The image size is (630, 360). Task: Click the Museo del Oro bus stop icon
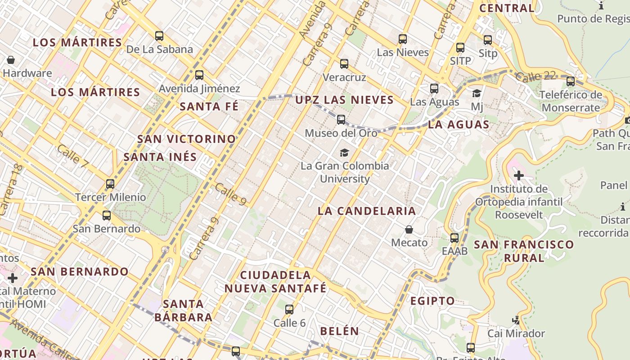[x=341, y=120]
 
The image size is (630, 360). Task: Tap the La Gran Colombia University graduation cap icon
[x=344, y=153]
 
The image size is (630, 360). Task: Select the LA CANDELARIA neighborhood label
[x=367, y=211]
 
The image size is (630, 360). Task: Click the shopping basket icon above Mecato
[x=409, y=229]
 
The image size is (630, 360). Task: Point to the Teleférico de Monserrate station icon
[x=571, y=81]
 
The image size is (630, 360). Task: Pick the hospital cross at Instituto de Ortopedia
[x=519, y=175]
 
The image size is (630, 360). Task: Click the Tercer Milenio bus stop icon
[x=110, y=184]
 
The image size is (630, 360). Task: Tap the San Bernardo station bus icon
[x=107, y=215]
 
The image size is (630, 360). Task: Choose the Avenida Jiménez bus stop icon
[x=199, y=75]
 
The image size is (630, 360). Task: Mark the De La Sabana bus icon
[x=159, y=36]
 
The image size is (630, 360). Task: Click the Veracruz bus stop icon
[x=344, y=64]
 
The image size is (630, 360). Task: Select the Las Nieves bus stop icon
[x=403, y=39]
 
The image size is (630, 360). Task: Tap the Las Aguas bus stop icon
[x=434, y=89]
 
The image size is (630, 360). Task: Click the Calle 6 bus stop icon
[x=289, y=310]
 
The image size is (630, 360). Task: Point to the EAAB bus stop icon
[x=454, y=238]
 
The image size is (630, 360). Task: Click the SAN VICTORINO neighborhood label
[x=187, y=139]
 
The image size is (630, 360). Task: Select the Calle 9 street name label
[x=230, y=194]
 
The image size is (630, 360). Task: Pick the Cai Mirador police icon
[x=516, y=320]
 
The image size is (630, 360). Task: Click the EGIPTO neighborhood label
[x=432, y=301]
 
